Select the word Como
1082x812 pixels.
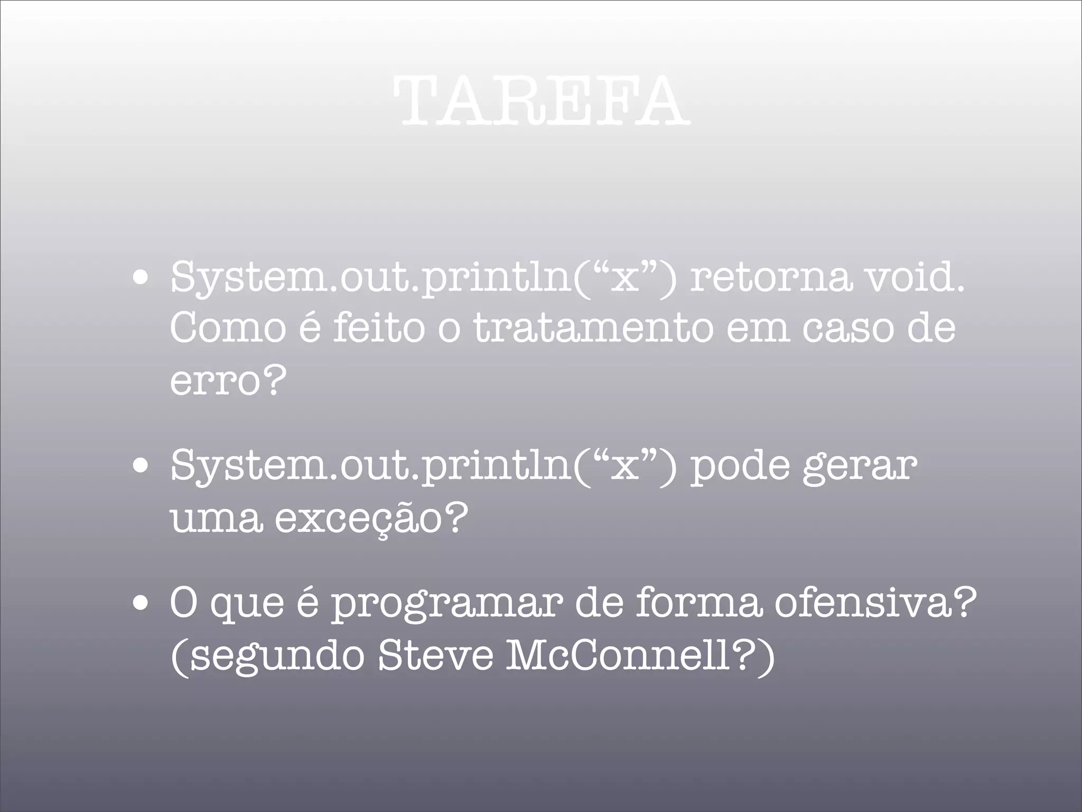(x=228, y=328)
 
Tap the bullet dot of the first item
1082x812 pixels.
(x=140, y=279)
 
